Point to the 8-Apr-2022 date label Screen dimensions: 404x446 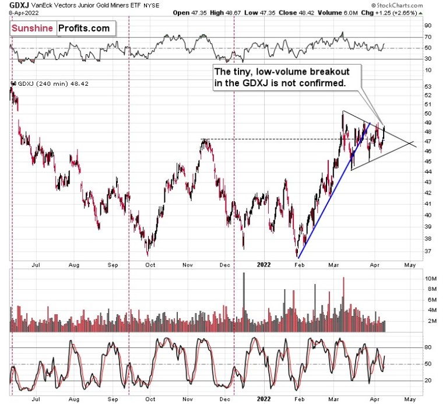coord(20,12)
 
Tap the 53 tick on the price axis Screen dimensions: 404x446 coord(427,86)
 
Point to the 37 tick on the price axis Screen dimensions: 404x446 coord(427,251)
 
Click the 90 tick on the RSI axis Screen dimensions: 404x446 coord(427,26)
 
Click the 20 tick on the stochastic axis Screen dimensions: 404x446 coord(427,380)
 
